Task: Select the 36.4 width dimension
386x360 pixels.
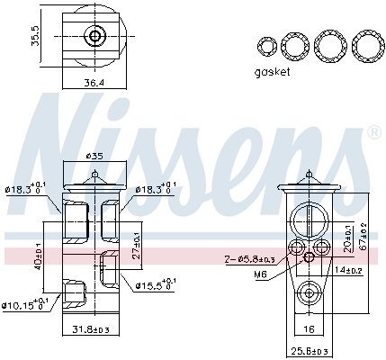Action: click(95, 83)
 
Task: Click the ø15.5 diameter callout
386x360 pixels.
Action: click(152, 286)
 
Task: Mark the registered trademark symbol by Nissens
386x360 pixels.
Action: click(373, 132)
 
